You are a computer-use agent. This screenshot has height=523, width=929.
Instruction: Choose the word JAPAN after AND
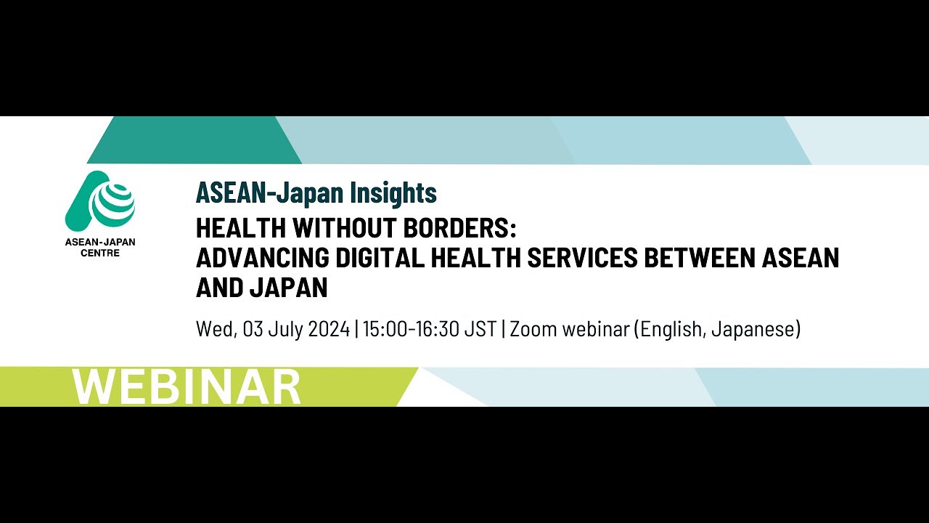(289, 288)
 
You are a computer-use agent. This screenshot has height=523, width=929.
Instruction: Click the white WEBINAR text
(187, 387)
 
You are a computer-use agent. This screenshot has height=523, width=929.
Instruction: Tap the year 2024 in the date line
(329, 329)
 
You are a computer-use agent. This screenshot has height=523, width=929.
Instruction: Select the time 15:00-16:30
(411, 329)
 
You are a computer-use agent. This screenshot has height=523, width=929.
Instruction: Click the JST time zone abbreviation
(480, 329)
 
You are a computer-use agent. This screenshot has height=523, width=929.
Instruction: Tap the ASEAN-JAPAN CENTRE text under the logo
(100, 248)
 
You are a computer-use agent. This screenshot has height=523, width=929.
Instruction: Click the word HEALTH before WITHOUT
(241, 228)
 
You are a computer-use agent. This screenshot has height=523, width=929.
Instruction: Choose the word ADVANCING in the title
(262, 258)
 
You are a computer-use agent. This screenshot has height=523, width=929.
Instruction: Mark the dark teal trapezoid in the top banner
(195, 140)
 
